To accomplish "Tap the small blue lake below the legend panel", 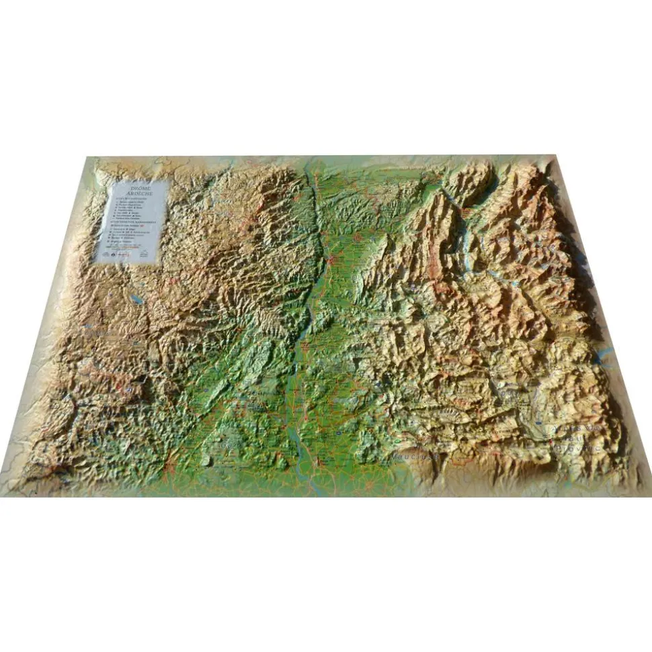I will click(136, 295).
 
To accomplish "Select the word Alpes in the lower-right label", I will click(565, 428).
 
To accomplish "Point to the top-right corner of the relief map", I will click(555, 156).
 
